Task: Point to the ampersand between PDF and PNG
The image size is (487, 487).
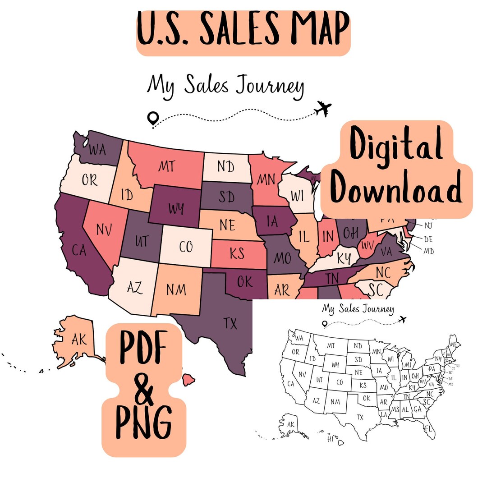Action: click(x=143, y=390)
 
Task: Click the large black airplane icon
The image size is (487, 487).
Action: click(x=323, y=108)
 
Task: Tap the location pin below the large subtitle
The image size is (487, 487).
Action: click(x=153, y=119)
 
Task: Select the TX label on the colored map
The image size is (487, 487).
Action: click(x=230, y=323)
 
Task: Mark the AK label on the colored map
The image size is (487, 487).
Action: click(x=79, y=339)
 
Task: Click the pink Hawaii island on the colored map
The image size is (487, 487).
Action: click(x=188, y=380)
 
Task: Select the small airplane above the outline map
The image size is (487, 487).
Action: click(x=403, y=320)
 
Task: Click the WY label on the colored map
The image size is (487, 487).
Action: click(x=176, y=209)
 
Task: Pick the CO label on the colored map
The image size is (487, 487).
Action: click(x=185, y=247)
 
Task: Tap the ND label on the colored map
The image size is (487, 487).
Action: click(x=225, y=167)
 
